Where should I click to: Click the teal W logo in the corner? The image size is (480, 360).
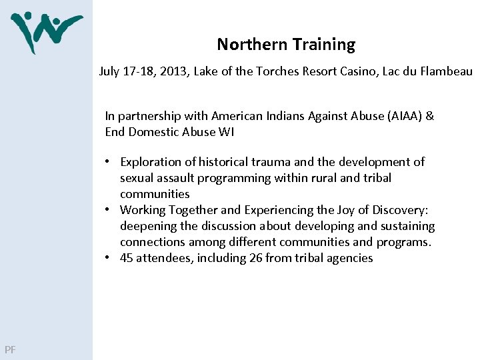45,32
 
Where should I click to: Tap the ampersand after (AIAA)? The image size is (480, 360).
429,115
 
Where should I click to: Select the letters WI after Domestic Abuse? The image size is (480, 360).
226,131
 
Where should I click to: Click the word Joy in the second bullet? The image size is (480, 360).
340,209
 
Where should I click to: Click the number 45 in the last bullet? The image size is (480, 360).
127,257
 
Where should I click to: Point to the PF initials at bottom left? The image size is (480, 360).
10,349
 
